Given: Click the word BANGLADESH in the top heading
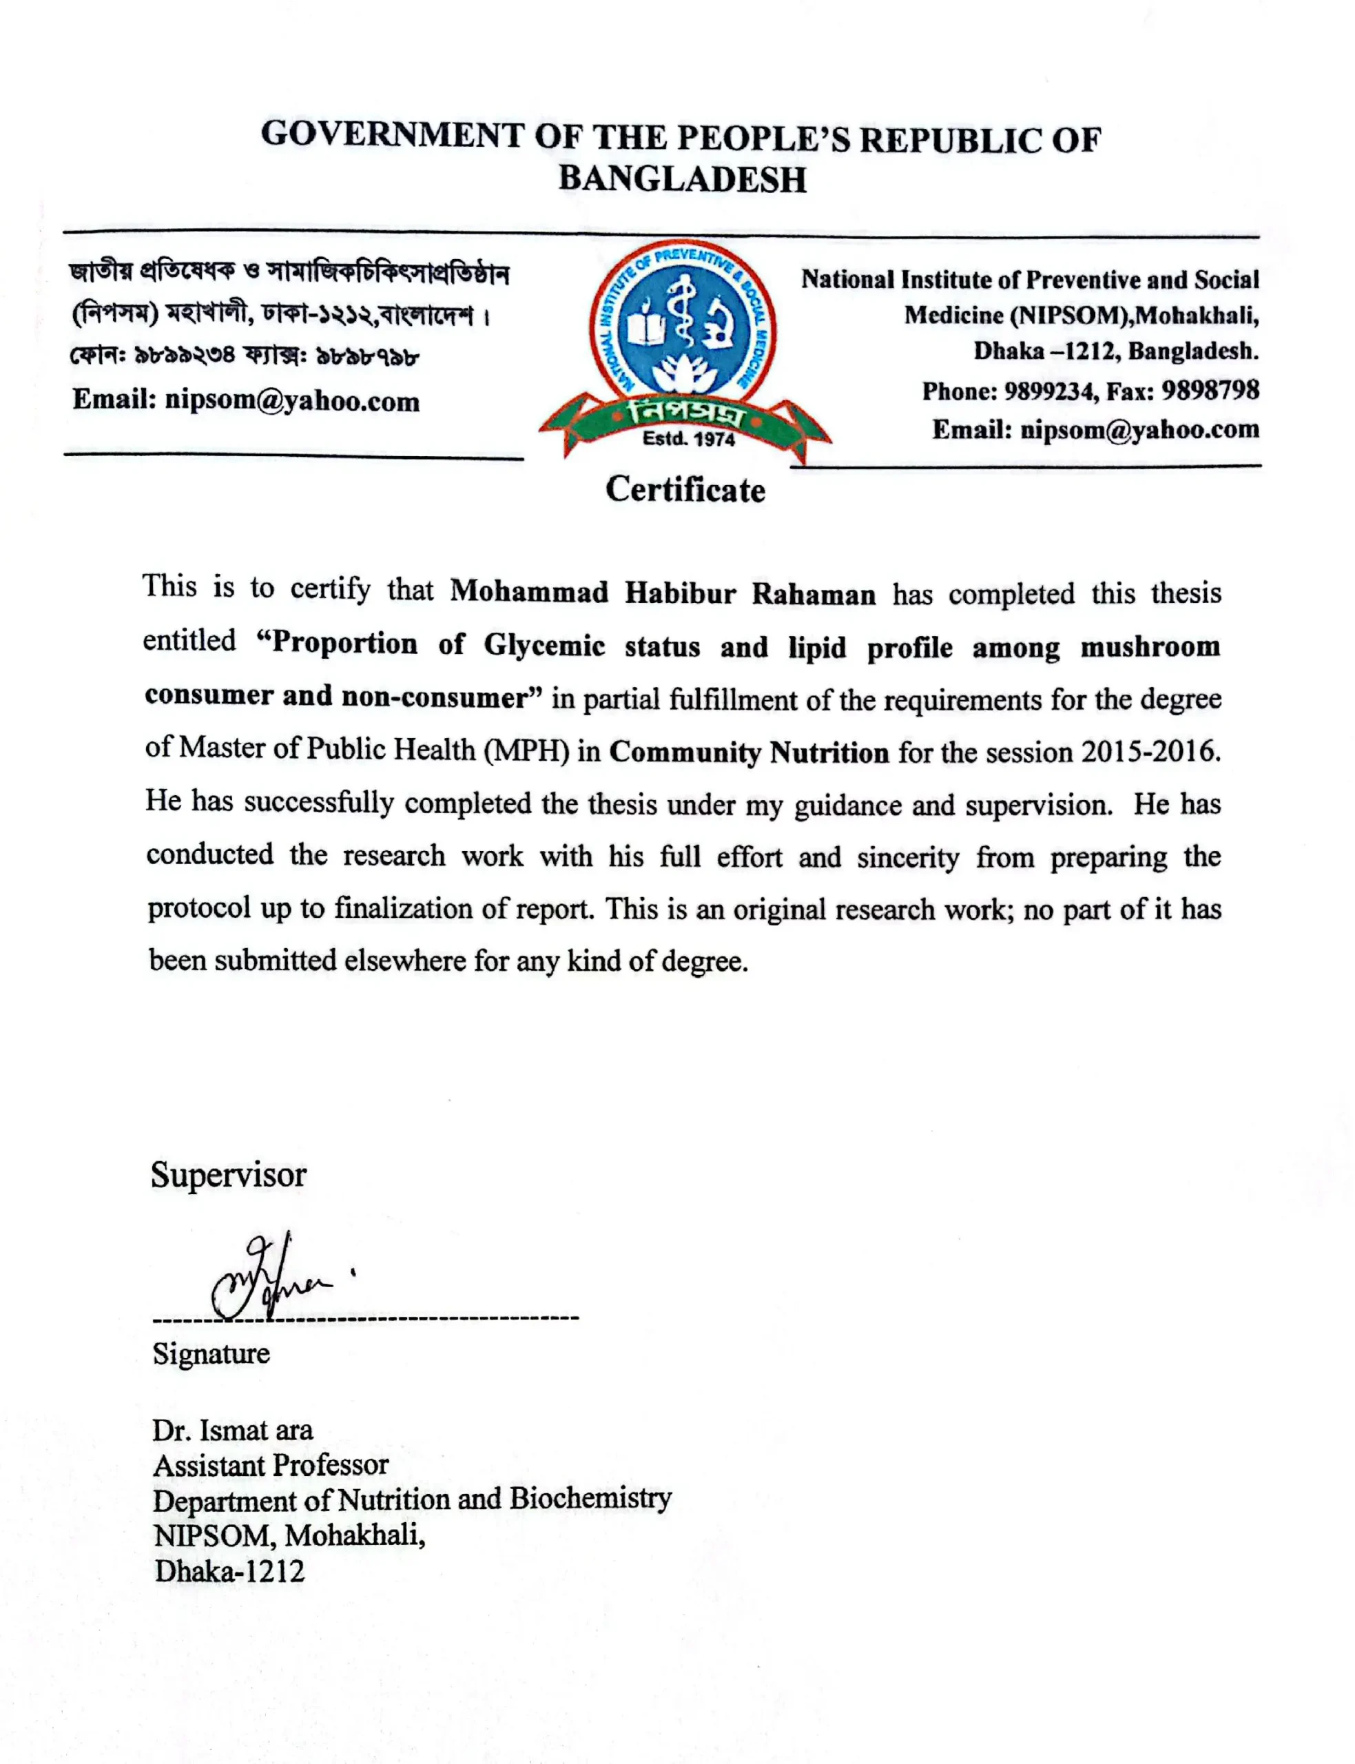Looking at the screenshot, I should (x=683, y=179).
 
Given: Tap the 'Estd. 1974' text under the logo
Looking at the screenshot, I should (x=688, y=440).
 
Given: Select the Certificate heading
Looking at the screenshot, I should (x=685, y=490).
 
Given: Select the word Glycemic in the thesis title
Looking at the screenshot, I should (x=544, y=645).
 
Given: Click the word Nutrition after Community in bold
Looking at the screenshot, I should (x=829, y=752).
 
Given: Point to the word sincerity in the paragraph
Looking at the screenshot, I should (x=907, y=857).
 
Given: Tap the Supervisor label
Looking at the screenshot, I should (x=228, y=1175).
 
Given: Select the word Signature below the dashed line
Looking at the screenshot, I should (x=211, y=1353).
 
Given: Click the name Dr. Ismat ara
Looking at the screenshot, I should (x=232, y=1430).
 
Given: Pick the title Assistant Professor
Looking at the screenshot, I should (x=271, y=1465).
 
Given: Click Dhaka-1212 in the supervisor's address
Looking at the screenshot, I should (x=230, y=1570).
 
